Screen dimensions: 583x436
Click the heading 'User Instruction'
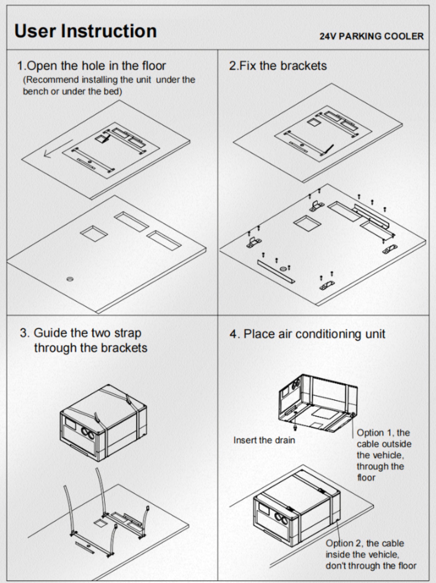(x=85, y=31)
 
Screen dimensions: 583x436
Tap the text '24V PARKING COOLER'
(x=371, y=36)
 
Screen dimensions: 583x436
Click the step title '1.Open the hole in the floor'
(x=91, y=66)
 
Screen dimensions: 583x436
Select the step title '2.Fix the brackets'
(x=278, y=66)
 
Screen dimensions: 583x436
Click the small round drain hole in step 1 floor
(x=70, y=279)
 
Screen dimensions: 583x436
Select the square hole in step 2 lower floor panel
(x=307, y=223)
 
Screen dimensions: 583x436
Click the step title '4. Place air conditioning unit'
(x=307, y=334)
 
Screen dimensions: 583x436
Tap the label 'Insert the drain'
(x=264, y=440)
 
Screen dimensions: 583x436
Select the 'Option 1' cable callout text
(x=383, y=455)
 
